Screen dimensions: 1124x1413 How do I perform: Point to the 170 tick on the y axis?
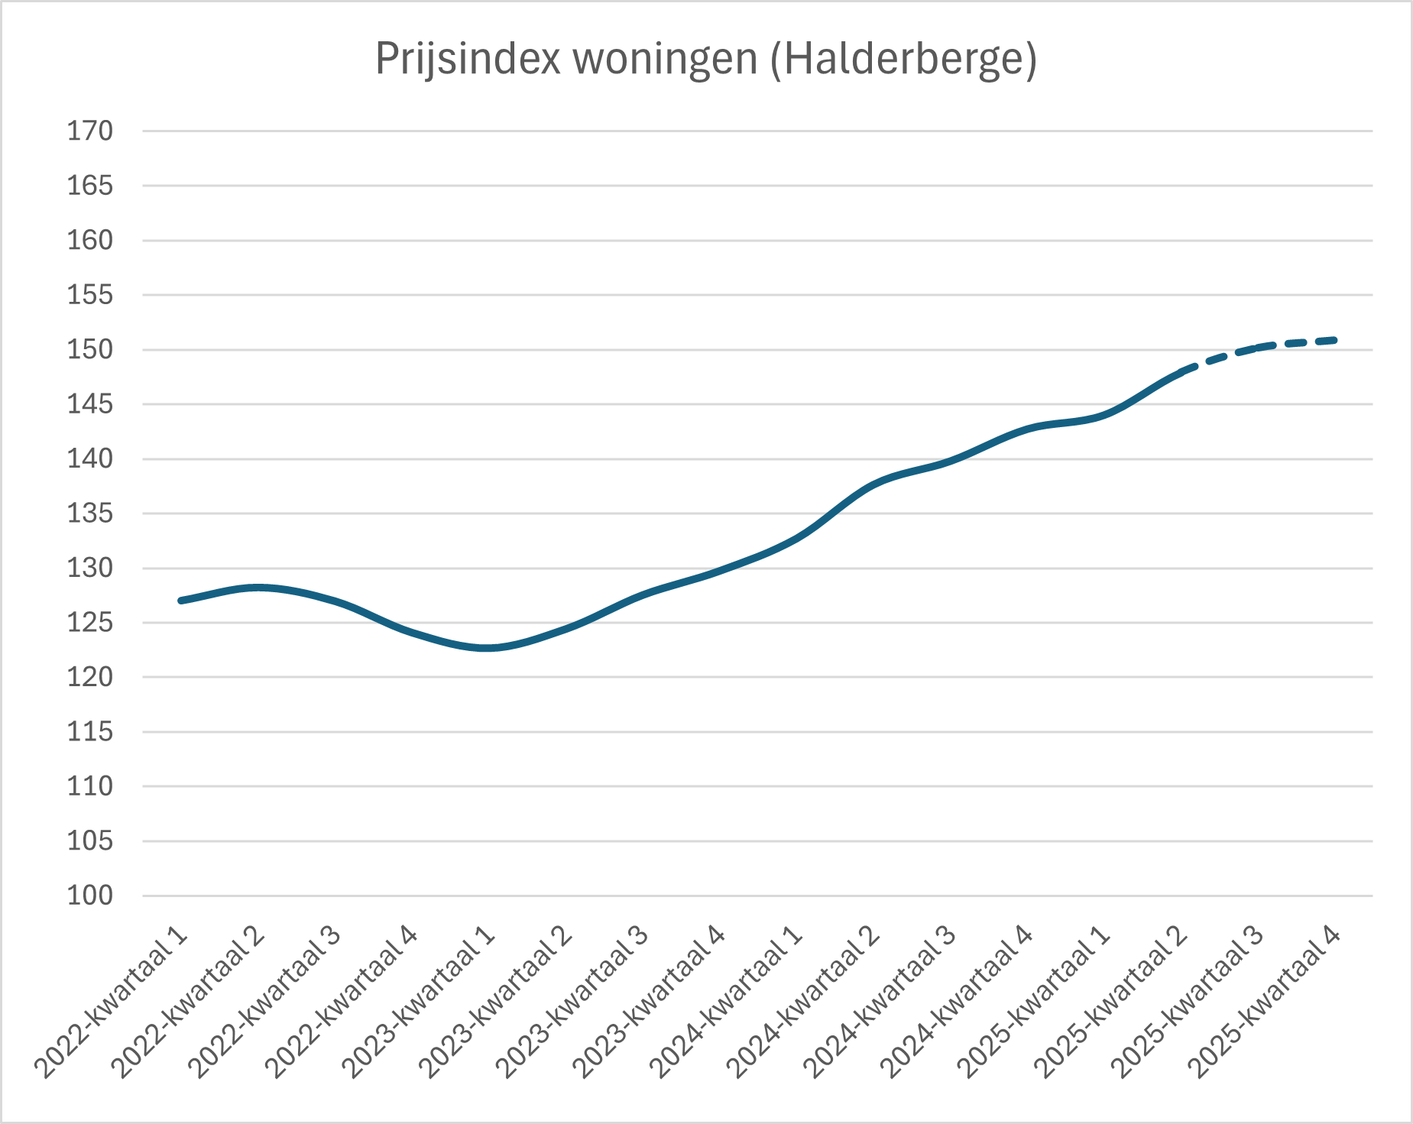tap(90, 131)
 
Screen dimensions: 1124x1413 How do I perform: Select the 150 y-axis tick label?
tap(90, 350)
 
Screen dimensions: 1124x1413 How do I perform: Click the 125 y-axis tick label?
tap(90, 623)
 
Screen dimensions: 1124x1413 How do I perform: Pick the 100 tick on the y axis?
tap(90, 896)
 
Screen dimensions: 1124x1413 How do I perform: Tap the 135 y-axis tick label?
tap(90, 513)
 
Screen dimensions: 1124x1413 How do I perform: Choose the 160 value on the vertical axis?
tap(90, 241)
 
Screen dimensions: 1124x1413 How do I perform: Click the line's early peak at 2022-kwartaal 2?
tap(258, 588)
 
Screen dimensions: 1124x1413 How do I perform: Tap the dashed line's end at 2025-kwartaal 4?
tap(1334, 340)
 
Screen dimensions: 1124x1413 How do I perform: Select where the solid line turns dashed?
tap(1181, 372)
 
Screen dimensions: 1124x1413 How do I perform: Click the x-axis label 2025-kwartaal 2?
tap(1111, 1003)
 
